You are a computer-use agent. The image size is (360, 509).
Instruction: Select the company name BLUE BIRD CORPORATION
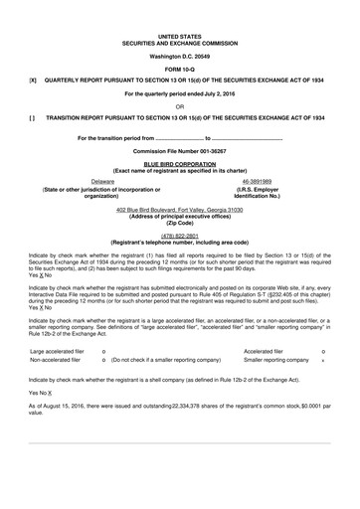[x=179, y=161]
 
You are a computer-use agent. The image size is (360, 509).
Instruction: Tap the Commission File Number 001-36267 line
[x=179, y=149]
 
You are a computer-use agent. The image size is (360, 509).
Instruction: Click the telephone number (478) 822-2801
[x=179, y=236]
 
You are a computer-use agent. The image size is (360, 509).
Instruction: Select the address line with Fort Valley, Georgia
[x=179, y=212]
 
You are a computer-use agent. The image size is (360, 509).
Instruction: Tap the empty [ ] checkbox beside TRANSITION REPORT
[x=33, y=116]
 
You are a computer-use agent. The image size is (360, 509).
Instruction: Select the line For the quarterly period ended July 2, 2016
[x=179, y=92]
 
